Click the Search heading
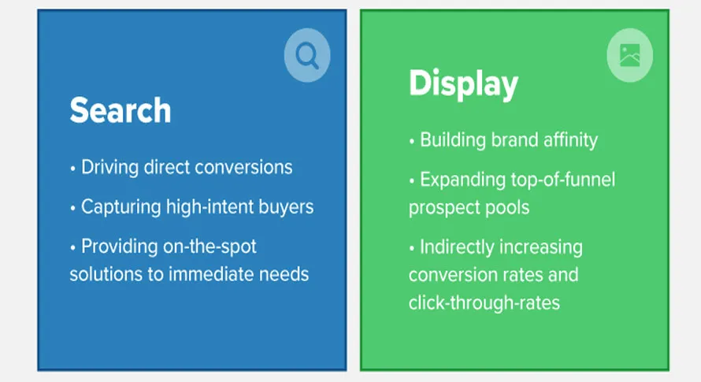coord(121,110)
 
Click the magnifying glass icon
coord(307,55)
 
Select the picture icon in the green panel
coord(630,55)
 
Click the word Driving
coord(110,168)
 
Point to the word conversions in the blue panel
coord(243,167)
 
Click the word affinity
coord(570,140)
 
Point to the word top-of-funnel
coord(563,180)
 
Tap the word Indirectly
coord(457,247)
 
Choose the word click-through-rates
coord(484,302)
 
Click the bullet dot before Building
coord(412,142)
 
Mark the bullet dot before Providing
coord(73,247)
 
